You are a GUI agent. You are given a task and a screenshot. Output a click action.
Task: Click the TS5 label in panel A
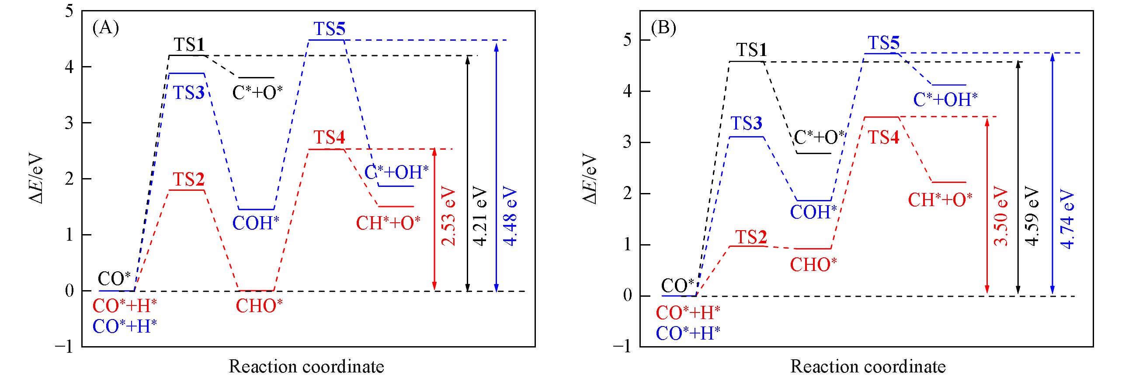329,30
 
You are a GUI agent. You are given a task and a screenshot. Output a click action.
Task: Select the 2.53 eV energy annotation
448,218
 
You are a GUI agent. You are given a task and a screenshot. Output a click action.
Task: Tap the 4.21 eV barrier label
480,218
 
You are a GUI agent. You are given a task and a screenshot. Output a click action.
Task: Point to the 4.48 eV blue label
509,218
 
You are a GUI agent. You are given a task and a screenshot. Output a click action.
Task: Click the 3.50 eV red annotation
1001,218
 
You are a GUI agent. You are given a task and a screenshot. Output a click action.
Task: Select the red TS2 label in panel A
189,179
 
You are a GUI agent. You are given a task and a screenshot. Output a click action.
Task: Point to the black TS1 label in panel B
752,50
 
